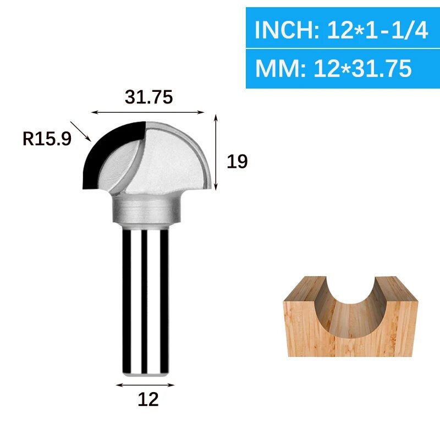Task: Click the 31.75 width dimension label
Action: [x=148, y=97]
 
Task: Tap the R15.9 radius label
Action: [x=46, y=139]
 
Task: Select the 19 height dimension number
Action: [x=237, y=161]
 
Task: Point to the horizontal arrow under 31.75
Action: [x=147, y=112]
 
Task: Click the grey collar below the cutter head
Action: [x=147, y=210]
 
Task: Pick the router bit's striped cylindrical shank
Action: [x=145, y=297]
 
